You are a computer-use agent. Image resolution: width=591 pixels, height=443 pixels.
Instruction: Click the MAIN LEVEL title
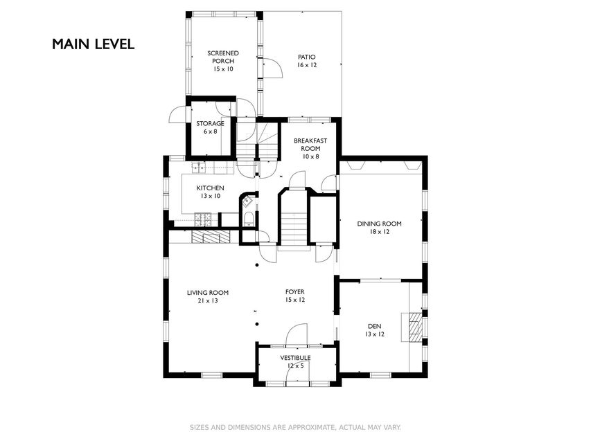(93, 44)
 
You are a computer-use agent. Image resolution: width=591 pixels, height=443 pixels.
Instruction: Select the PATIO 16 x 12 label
(307, 61)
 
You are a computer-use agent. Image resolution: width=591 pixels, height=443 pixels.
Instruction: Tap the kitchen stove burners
(203, 219)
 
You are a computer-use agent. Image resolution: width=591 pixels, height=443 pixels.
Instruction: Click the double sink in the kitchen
(199, 168)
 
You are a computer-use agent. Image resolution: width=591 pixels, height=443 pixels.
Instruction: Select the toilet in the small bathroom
(249, 219)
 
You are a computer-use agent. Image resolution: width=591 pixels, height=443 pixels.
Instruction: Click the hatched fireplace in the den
(415, 327)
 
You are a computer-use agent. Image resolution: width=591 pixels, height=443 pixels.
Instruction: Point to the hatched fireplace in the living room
(211, 237)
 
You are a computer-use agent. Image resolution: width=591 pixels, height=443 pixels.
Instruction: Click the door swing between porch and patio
(273, 69)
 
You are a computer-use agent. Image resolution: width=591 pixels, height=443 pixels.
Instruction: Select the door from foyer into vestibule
(297, 335)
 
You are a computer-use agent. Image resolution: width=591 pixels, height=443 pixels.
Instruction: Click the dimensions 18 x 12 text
(379, 232)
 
